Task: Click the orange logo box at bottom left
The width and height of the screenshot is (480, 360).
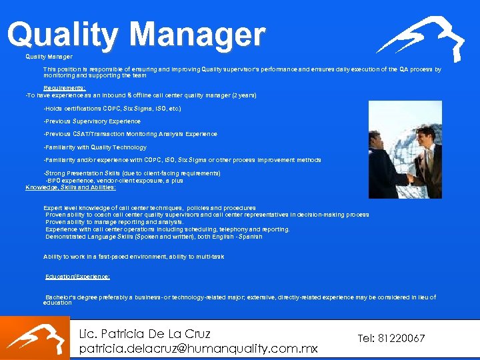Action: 35,338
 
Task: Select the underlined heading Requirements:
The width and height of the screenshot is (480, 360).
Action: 65,88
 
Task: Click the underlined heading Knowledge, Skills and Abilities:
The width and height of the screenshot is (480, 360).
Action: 71,187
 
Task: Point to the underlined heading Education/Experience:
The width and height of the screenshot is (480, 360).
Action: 78,276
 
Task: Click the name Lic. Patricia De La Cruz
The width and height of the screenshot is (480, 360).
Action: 145,334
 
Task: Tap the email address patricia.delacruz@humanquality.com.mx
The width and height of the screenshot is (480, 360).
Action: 198,349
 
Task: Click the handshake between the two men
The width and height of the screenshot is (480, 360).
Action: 408,179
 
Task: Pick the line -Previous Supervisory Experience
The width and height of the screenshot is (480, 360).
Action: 92,121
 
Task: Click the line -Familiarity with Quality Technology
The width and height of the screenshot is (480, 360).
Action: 95,147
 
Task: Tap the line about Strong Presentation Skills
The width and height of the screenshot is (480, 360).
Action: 132,173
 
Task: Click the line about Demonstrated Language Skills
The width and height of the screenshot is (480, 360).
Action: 154,237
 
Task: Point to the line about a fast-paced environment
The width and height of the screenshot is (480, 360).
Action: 133,257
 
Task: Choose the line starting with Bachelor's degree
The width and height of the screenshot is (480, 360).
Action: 240,297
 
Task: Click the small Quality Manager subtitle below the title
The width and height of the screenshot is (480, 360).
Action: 49,57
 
